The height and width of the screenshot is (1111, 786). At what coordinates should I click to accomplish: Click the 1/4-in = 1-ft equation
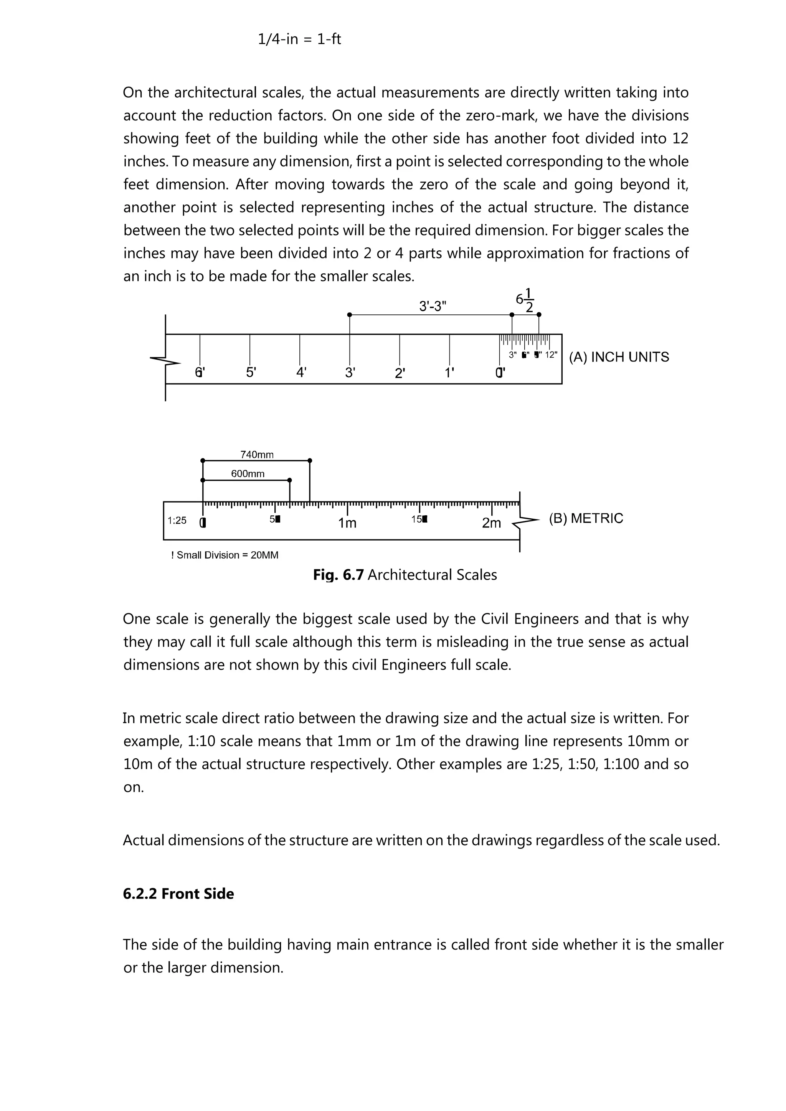[x=299, y=39]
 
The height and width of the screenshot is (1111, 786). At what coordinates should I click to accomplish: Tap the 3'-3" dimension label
[x=433, y=306]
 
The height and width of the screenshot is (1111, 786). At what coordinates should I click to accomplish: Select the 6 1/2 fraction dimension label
[x=525, y=301]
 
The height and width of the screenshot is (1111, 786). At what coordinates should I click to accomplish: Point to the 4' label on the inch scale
[x=301, y=373]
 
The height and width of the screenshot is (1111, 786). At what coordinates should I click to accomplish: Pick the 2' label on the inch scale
[x=400, y=373]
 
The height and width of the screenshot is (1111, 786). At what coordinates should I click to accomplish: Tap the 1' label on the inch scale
[x=449, y=373]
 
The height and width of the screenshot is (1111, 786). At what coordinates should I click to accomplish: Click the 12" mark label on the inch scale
[x=551, y=355]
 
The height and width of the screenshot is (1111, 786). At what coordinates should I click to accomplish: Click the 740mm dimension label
[x=257, y=455]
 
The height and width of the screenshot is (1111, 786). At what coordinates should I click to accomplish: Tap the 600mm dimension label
[x=248, y=474]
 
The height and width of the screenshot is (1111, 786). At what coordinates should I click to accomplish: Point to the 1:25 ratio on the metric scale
[x=177, y=521]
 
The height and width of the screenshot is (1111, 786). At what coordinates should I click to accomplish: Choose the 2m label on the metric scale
[x=491, y=523]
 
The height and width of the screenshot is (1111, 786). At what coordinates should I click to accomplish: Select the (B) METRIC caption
[x=586, y=518]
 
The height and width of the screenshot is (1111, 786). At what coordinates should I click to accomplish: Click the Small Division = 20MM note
[x=225, y=555]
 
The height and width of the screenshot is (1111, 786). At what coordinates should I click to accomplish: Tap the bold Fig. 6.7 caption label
[x=338, y=575]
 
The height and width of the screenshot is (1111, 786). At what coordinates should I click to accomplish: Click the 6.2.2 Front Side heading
[x=178, y=894]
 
